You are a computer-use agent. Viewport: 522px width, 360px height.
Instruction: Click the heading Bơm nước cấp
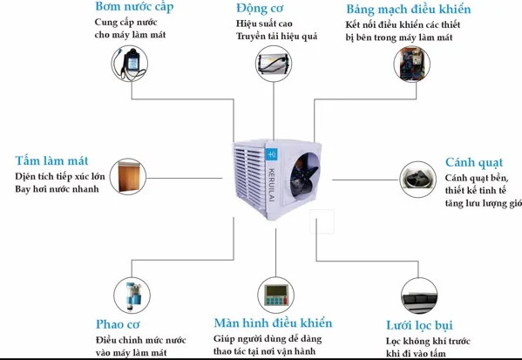(134, 7)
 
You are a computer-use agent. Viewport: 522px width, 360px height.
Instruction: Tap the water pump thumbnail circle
(130, 64)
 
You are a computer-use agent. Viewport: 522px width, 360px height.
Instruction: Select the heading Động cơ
(260, 9)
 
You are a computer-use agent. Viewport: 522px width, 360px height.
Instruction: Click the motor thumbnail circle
(274, 64)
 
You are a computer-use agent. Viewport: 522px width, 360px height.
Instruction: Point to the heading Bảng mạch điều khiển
(409, 9)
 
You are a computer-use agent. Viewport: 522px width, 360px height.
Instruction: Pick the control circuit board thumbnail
(412, 65)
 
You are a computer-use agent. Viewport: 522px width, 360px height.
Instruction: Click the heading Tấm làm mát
(51, 161)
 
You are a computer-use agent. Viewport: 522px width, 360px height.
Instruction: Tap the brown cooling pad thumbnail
(128, 177)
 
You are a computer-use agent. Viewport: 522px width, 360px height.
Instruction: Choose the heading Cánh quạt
(474, 162)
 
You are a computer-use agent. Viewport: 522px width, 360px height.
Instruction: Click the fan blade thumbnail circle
(417, 180)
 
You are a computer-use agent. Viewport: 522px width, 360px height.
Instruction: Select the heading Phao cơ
(118, 324)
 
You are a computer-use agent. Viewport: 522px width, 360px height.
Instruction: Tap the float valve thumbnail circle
(132, 295)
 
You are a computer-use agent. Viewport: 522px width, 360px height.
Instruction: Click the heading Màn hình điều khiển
(273, 323)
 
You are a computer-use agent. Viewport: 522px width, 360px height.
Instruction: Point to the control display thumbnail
(275, 295)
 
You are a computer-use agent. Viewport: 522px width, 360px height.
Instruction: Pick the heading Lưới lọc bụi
(419, 325)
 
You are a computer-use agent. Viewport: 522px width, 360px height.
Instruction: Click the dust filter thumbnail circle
(419, 295)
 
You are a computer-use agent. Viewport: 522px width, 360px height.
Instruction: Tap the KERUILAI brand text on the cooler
(271, 185)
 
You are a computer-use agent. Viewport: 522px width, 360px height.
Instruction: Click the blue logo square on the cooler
(271, 154)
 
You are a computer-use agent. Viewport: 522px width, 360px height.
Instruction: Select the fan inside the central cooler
(304, 175)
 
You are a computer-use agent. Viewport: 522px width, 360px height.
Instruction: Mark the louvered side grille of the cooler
(250, 175)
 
